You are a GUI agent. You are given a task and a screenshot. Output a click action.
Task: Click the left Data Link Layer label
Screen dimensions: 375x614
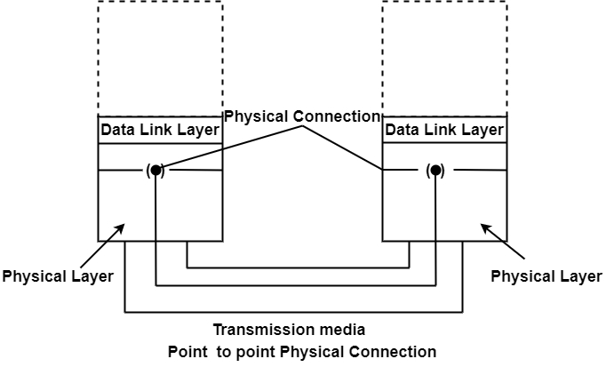tap(160, 130)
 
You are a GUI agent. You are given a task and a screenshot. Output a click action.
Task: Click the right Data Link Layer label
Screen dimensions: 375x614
tap(444, 130)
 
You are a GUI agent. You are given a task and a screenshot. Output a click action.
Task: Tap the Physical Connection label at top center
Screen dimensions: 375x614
tap(302, 116)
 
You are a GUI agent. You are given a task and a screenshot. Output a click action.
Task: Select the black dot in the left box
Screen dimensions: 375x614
tap(156, 170)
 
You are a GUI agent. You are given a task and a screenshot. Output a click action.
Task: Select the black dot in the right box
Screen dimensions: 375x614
tap(435, 170)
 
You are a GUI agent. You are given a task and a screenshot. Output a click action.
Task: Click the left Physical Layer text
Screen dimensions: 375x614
tap(58, 275)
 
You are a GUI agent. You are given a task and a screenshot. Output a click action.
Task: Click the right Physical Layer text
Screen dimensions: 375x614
tap(546, 275)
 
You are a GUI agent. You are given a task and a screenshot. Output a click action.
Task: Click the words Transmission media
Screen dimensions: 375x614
tap(289, 330)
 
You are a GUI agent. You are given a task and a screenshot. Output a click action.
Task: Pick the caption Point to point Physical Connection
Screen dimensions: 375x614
tap(302, 352)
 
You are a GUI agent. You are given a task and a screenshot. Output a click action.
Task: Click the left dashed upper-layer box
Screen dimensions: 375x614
tap(160, 58)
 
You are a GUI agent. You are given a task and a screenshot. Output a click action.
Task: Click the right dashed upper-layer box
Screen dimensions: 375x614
tap(444, 58)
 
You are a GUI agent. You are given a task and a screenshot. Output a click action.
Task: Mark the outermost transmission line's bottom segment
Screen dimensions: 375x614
tap(293, 313)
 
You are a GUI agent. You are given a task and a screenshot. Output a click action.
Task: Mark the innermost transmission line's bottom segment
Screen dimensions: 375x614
tap(298, 267)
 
